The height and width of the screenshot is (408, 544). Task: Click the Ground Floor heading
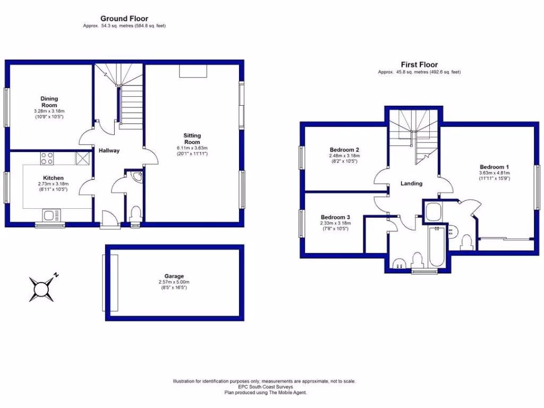pyautogui.click(x=124, y=19)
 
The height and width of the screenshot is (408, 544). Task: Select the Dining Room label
pyautogui.click(x=49, y=101)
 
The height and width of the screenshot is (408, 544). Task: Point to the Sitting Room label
pyautogui.click(x=192, y=139)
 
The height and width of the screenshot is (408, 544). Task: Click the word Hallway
pyautogui.click(x=109, y=150)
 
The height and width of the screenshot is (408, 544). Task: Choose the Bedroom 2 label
pyautogui.click(x=345, y=149)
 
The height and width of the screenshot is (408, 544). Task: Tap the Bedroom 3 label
pyautogui.click(x=335, y=217)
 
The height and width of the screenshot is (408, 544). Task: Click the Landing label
pyautogui.click(x=411, y=183)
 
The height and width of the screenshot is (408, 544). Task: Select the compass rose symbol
pyautogui.click(x=41, y=289)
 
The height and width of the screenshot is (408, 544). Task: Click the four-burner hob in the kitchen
pyautogui.click(x=47, y=158)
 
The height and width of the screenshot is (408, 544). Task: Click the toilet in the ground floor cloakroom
pyautogui.click(x=135, y=214)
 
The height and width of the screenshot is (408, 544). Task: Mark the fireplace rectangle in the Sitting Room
pyautogui.click(x=189, y=71)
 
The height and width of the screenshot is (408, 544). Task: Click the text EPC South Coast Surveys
pyautogui.click(x=264, y=387)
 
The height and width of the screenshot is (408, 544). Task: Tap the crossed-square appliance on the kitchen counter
pyautogui.click(x=82, y=158)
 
